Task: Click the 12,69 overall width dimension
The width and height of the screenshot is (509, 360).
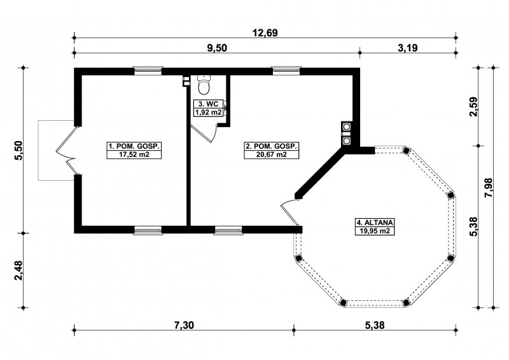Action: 265,33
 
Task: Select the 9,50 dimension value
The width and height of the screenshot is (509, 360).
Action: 217,48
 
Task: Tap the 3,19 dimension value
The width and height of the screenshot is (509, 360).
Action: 407,48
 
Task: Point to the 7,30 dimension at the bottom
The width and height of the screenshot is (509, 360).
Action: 184,325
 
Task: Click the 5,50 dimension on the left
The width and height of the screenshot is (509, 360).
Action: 19,150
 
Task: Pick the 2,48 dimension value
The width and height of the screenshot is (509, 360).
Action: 19,270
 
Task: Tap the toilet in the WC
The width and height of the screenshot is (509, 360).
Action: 204,83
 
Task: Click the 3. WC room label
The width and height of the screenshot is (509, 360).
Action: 209,104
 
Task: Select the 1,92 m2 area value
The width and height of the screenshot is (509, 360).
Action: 209,113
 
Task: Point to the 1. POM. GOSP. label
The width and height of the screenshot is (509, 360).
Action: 134,146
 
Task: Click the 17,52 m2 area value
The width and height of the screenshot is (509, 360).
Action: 134,154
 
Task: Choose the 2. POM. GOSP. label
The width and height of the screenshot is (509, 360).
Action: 272,146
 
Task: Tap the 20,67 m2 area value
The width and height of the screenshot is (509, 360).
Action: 272,154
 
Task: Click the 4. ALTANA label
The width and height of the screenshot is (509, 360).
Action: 375,223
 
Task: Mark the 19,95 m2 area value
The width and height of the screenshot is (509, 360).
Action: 375,231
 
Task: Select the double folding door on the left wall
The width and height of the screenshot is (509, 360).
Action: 67,150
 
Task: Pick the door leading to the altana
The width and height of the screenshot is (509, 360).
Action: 289,212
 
